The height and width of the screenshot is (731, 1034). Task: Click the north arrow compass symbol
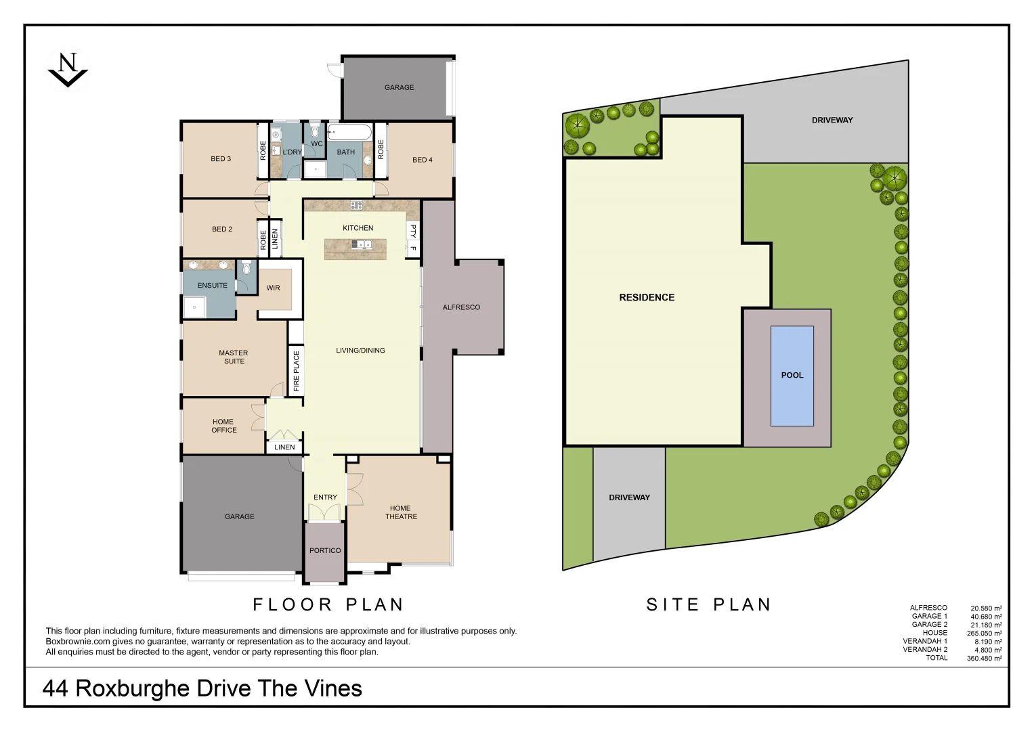coord(67,69)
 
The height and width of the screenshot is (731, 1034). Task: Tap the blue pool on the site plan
coord(792,376)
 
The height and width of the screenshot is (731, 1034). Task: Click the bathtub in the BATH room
coord(349,131)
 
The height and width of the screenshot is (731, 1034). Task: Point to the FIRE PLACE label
coord(296,371)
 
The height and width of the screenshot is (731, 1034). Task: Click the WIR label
coord(273,288)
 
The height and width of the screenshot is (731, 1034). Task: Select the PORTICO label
coord(325,551)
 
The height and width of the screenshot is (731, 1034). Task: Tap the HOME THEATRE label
coord(401,512)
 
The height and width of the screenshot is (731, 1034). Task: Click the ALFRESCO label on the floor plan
coord(461,307)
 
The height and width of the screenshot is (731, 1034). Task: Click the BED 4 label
coord(423,160)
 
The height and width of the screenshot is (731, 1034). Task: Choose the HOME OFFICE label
coord(223,426)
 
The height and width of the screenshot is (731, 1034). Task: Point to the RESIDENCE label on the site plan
coord(647,297)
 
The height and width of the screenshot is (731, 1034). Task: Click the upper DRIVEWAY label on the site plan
coord(832,120)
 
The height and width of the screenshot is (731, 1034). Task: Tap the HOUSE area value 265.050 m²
coord(984,634)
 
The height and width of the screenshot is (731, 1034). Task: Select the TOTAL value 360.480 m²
coord(984,658)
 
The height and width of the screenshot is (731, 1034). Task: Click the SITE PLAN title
coord(708,604)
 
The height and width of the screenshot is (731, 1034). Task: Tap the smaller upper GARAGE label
coord(399,88)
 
